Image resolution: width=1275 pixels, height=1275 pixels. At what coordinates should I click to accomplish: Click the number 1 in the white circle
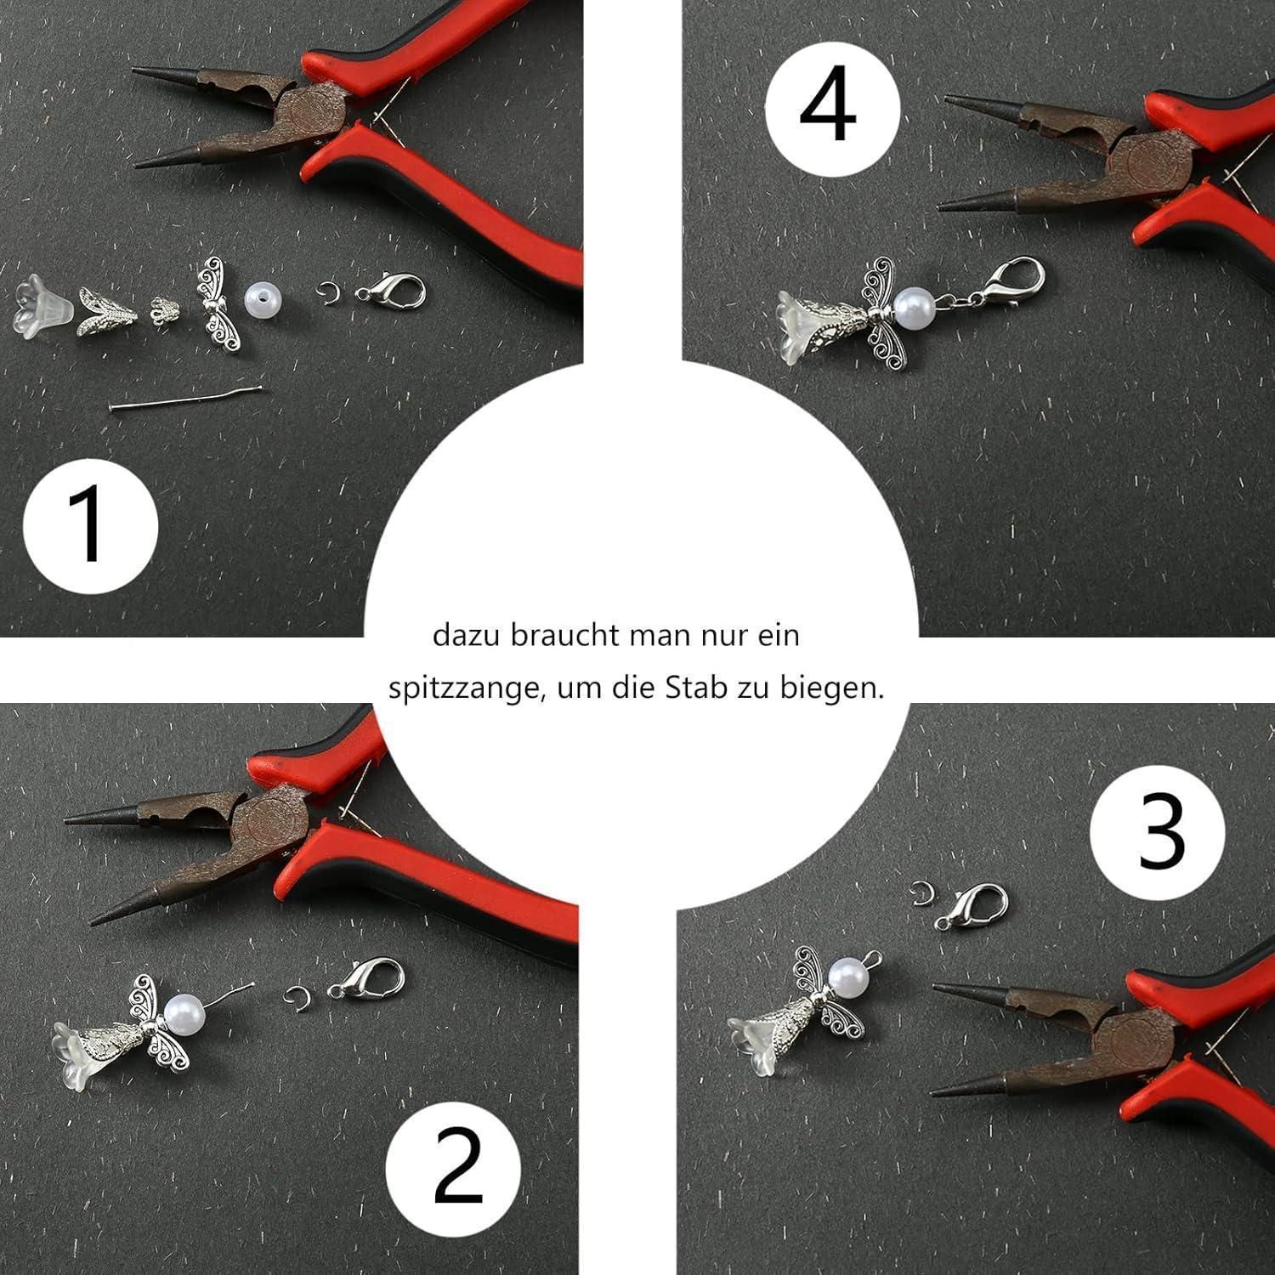[x=88, y=524]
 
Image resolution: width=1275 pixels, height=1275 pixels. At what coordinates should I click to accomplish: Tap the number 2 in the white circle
[x=458, y=1168]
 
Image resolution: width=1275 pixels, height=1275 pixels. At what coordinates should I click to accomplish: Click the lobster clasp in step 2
[x=367, y=979]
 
